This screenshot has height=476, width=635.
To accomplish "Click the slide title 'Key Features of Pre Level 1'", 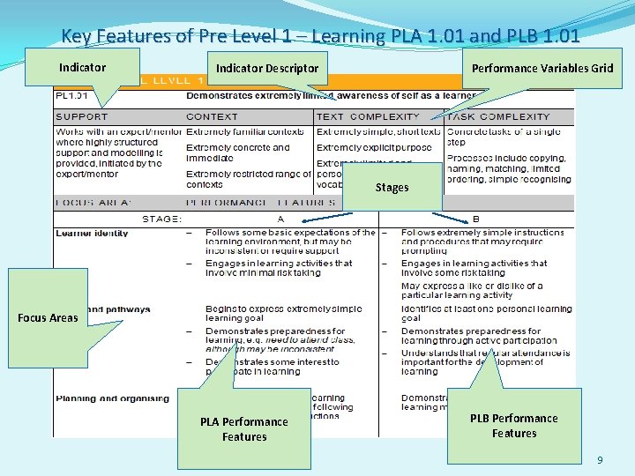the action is (x=320, y=36).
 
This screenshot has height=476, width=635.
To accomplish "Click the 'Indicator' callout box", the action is (x=82, y=67).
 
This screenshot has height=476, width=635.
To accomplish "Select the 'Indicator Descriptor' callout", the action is (x=267, y=68).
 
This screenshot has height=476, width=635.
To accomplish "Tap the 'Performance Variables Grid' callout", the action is (x=542, y=68).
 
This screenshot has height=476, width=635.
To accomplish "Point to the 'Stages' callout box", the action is (x=392, y=187).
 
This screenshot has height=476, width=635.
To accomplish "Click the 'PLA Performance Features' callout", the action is (x=243, y=428).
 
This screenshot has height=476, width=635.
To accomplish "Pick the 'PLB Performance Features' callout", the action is (x=513, y=425).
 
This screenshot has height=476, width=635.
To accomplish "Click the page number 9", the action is (x=600, y=460).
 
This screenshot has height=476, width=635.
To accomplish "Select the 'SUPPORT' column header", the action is (x=82, y=116).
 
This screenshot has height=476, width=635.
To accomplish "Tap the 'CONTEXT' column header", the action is (x=212, y=116).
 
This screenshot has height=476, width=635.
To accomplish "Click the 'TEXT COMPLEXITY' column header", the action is (x=368, y=116).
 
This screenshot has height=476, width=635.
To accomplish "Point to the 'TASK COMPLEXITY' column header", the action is (x=498, y=116).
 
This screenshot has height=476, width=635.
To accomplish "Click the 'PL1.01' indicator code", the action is (x=71, y=95).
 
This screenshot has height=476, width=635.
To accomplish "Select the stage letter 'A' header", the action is (x=280, y=218).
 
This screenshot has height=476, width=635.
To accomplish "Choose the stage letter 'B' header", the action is (x=476, y=218).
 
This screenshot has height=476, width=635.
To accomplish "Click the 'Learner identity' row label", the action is (x=92, y=234).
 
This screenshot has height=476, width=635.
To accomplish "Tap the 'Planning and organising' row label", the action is (x=112, y=398).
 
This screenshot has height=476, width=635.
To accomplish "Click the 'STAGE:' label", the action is (x=162, y=218).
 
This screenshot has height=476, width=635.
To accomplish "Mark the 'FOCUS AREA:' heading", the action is (x=81, y=202).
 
